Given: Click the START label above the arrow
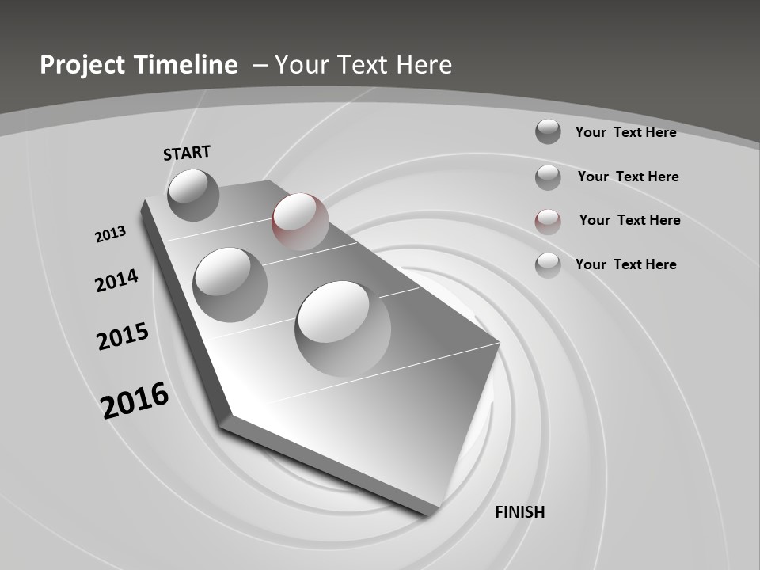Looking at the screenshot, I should tap(187, 152).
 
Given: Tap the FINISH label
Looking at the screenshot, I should tap(519, 512).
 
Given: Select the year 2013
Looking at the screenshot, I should tap(110, 234).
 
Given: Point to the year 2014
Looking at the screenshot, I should tap(116, 280).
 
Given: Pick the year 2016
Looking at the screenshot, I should tap(135, 401).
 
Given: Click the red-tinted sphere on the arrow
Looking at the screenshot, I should tap(300, 221).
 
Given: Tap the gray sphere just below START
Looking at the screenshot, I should tap(193, 195).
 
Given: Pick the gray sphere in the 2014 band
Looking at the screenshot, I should tap(230, 284).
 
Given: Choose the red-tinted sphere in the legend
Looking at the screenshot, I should tap(548, 221).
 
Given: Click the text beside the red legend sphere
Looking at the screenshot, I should tap(629, 220).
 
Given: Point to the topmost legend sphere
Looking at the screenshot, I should tap(548, 131).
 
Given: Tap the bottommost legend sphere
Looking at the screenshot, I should tap(548, 265).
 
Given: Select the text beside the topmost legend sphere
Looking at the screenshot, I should tap(625, 132).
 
